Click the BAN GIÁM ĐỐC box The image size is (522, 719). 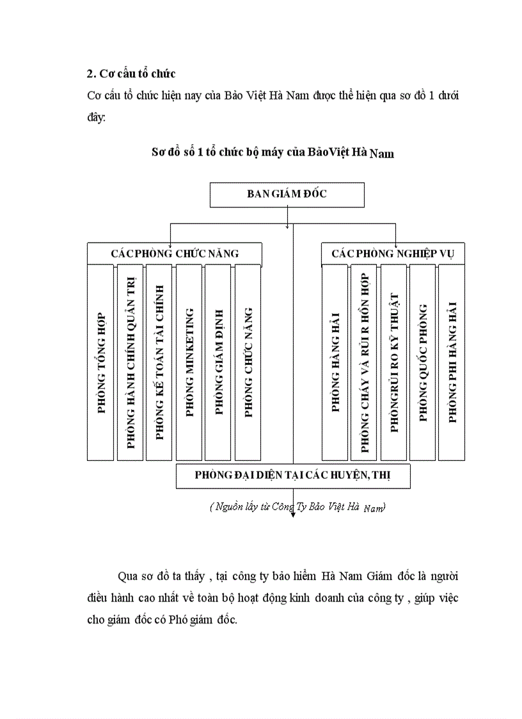(287, 195)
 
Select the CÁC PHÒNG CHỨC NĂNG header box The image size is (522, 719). (174, 254)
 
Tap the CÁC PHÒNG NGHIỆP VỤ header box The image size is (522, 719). (392, 254)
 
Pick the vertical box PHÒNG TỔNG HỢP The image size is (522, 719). (100, 362)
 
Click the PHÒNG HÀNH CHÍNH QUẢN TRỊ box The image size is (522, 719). (130, 362)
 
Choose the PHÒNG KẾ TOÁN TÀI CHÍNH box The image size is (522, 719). (159, 362)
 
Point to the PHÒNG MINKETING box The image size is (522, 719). (189, 362)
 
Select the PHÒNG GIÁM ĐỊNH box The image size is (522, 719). (218, 362)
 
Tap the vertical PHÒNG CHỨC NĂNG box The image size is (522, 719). (248, 362)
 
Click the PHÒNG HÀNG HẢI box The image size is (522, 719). (335, 362)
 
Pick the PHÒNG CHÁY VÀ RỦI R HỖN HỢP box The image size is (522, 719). (364, 362)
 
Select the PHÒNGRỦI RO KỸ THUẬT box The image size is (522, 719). (393, 362)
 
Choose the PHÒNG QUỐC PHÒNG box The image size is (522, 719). (422, 362)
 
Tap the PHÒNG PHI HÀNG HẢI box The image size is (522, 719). (452, 362)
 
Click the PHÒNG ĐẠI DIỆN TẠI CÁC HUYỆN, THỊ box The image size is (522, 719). (293, 476)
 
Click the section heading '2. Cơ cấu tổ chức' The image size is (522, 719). (131, 74)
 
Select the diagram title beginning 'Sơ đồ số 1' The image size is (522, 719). (273, 153)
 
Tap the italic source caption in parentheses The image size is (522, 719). (297, 507)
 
